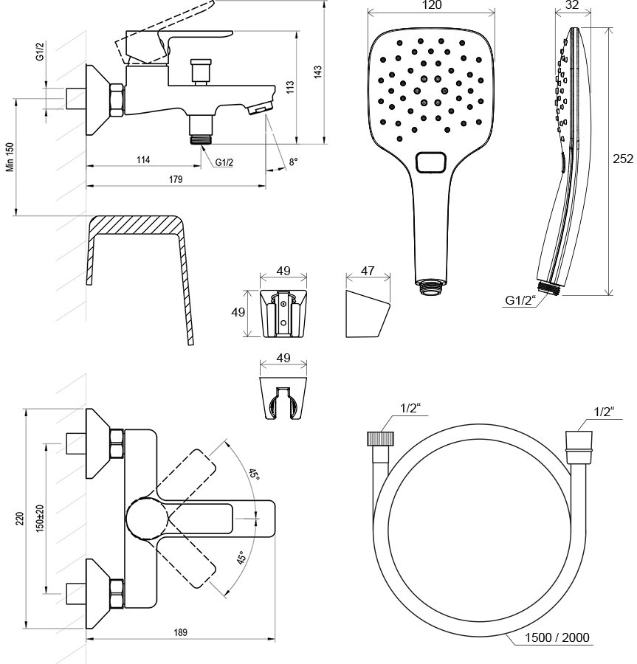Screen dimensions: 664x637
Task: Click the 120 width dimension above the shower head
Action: [432, 6]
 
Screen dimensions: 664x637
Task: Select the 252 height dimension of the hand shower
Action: [624, 158]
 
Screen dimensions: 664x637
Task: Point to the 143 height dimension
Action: [318, 72]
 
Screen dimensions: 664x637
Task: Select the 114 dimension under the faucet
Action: [143, 160]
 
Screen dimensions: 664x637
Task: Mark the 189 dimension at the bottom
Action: [181, 632]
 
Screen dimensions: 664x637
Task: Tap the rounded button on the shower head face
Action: [432, 162]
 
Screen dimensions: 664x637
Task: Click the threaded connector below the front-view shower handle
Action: [431, 287]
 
